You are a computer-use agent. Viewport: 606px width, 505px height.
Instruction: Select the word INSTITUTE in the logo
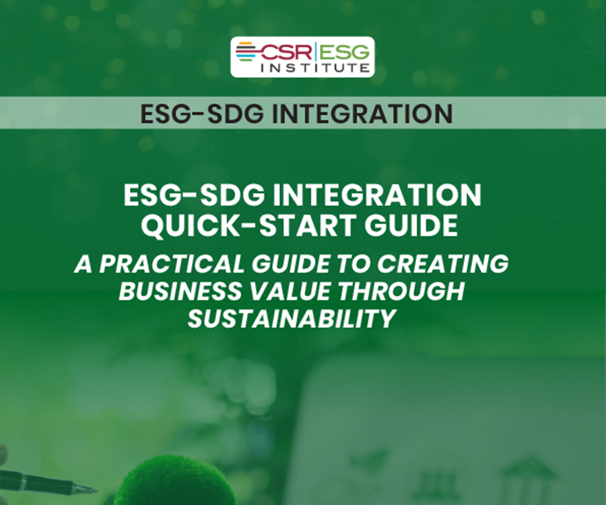click(x=316, y=67)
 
